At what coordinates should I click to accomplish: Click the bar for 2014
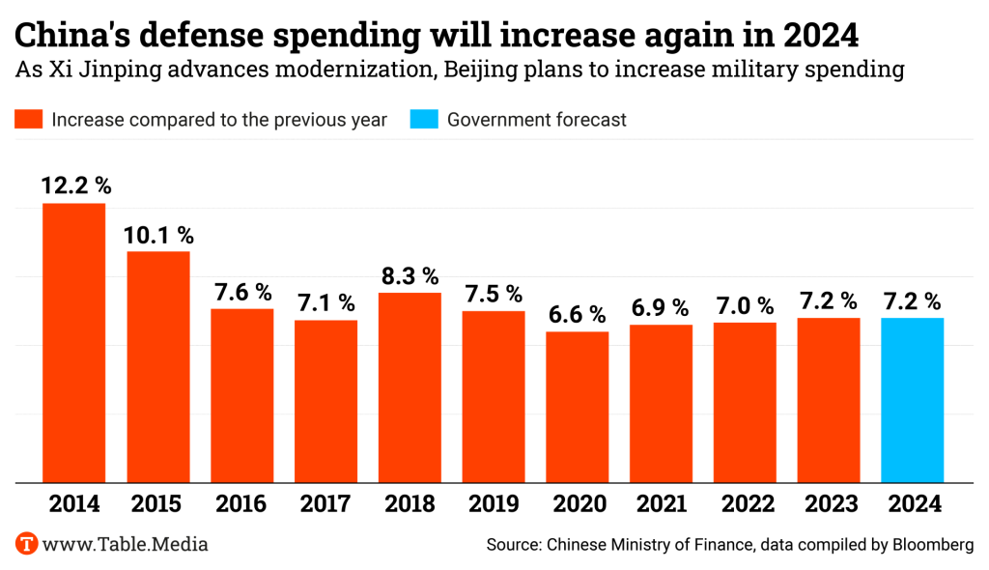pyautogui.click(x=73, y=343)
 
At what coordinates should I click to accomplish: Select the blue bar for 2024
pyautogui.click(x=913, y=400)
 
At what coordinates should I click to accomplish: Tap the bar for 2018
pyautogui.click(x=410, y=387)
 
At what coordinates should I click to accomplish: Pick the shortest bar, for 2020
pyautogui.click(x=577, y=407)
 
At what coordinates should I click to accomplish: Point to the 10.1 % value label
pyautogui.click(x=158, y=235)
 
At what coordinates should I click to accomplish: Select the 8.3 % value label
pyautogui.click(x=410, y=275)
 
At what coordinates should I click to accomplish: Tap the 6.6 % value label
pyautogui.click(x=578, y=314)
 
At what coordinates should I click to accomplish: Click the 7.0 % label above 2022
pyautogui.click(x=745, y=306)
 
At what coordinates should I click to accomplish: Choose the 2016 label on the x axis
pyautogui.click(x=241, y=503)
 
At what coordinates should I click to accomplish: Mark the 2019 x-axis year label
pyautogui.click(x=494, y=503)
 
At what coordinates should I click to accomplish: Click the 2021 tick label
pyautogui.click(x=661, y=503)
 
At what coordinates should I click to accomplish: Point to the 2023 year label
pyautogui.click(x=829, y=503)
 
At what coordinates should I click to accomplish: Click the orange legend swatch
pyautogui.click(x=28, y=120)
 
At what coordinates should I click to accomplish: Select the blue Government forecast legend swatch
pyautogui.click(x=424, y=120)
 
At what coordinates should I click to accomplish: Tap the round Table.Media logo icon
pyautogui.click(x=27, y=544)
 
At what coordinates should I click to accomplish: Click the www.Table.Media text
pyautogui.click(x=126, y=544)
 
